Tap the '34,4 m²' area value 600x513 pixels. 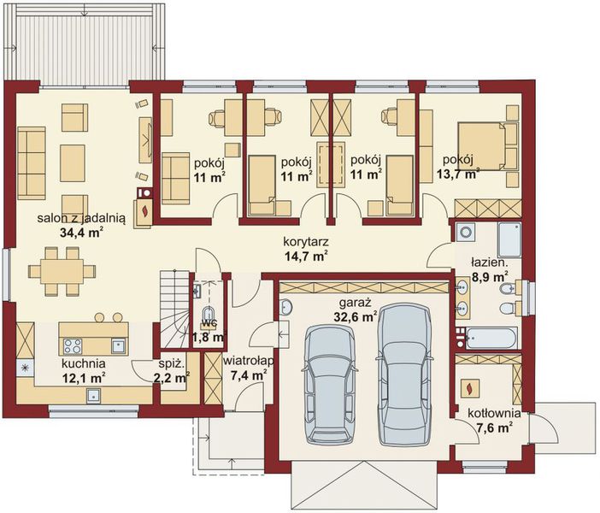(82, 233)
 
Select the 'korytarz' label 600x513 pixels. (306, 242)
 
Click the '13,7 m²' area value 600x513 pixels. (458, 174)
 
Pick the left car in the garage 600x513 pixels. (332, 386)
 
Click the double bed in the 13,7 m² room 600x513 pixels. (488, 145)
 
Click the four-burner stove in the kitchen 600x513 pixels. (73, 346)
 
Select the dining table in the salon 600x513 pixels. (62, 271)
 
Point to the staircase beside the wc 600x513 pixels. (174, 310)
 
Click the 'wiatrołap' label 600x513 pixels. (249, 361)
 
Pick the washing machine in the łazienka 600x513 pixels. (466, 232)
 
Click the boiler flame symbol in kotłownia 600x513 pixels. (469, 388)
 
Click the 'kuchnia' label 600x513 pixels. (84, 363)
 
